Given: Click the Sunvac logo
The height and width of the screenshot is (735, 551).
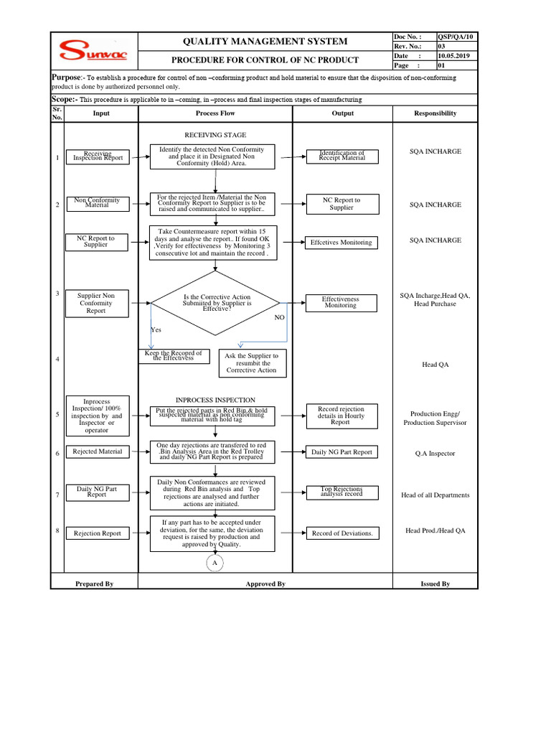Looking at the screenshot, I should [x=93, y=51].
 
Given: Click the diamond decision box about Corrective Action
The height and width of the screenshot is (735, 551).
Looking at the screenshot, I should [x=216, y=303].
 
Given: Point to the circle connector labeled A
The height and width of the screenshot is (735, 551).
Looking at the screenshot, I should [x=215, y=564].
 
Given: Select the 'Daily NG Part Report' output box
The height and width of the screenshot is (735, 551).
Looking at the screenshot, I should [x=342, y=452].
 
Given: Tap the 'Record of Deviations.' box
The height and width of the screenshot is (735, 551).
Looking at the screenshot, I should [x=342, y=533].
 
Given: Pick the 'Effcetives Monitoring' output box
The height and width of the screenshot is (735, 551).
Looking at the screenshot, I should [x=342, y=243].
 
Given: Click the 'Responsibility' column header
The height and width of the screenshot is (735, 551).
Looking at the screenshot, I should [x=435, y=113].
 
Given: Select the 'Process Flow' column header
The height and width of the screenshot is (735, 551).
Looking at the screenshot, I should [x=215, y=113].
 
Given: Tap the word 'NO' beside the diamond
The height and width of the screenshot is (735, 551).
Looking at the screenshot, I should [x=280, y=317].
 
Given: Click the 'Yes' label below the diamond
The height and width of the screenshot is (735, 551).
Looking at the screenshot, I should [x=156, y=329].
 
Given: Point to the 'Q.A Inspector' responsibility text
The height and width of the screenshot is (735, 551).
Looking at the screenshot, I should [x=435, y=454].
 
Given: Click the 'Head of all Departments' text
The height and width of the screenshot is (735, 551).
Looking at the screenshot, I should [x=435, y=495].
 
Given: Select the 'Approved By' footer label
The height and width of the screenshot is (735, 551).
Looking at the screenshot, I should [x=265, y=584].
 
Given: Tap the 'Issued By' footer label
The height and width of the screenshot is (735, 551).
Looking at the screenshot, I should [x=435, y=584].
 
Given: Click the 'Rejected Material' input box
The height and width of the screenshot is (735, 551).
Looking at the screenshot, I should [x=98, y=451].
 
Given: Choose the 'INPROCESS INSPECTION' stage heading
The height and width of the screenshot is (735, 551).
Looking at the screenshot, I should [x=215, y=400].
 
